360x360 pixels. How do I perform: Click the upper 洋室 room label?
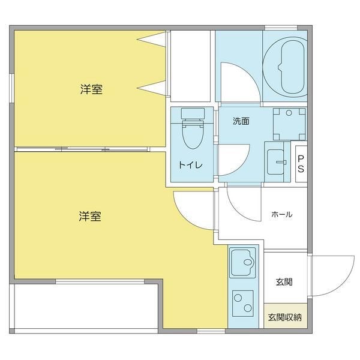tap(91, 90)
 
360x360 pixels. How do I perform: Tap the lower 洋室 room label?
tap(89, 216)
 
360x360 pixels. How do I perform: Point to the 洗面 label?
tap(241, 121)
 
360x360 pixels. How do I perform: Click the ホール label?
tap(281, 214)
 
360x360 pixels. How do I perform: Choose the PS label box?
tap(301, 164)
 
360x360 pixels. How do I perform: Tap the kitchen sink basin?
tap(243, 262)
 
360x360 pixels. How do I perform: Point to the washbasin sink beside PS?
tap(277, 160)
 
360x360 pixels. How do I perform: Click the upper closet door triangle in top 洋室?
tap(154, 41)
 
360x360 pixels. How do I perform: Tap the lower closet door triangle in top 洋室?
tap(154, 88)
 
